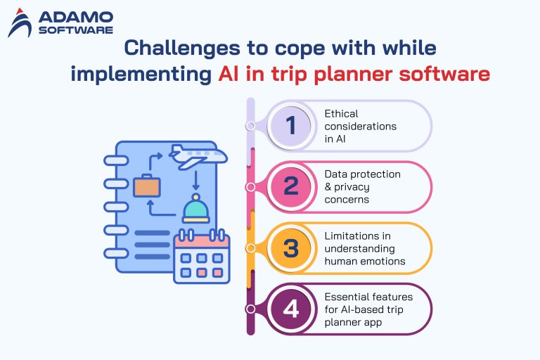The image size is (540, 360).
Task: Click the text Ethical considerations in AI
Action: click(360, 126)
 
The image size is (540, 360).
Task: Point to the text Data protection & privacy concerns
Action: click(362, 187)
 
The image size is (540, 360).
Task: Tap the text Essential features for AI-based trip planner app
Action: click(368, 309)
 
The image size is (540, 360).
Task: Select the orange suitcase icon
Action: click(147, 187)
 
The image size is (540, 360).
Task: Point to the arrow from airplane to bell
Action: click(196, 179)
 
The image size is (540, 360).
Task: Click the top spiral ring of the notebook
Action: click(113, 160)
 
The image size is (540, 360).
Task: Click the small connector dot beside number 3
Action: click(250, 248)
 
